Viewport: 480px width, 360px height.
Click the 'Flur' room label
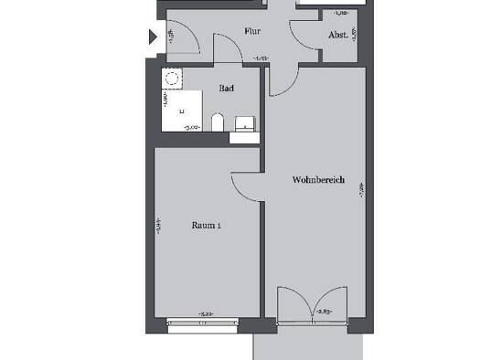(253, 30)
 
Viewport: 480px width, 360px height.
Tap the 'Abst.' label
(337, 36)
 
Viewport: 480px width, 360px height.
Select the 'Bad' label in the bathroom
(225, 89)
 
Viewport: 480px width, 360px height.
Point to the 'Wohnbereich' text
(318, 180)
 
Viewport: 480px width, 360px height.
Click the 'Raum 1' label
(206, 225)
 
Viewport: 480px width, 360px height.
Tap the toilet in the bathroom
(217, 122)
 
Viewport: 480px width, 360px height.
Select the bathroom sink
(243, 123)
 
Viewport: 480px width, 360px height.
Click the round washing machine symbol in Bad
(170, 79)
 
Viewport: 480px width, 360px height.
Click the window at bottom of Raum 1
(202, 320)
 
